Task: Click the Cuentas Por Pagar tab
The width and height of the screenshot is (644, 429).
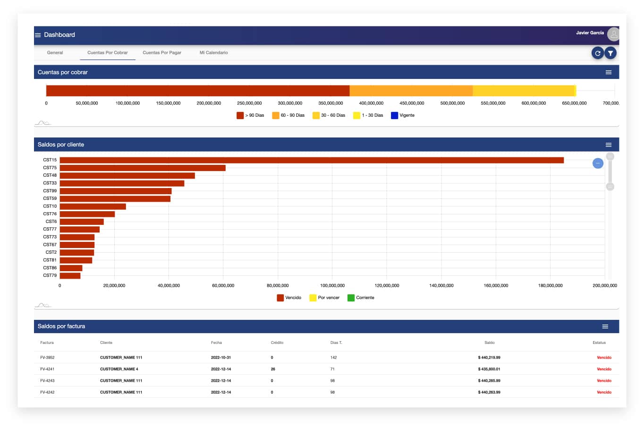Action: click(162, 52)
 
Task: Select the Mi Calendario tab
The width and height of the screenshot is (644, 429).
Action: click(213, 52)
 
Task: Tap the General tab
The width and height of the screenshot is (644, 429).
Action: click(55, 52)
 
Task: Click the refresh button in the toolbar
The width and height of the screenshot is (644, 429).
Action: click(597, 53)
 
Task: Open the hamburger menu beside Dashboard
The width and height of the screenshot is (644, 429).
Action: click(38, 35)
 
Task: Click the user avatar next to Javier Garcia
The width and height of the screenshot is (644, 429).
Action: click(613, 34)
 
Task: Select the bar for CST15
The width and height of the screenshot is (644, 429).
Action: click(312, 160)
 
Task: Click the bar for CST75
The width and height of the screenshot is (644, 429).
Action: click(143, 168)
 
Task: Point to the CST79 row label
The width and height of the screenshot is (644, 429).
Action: click(50, 275)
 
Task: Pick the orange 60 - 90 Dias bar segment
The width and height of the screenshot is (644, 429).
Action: click(411, 91)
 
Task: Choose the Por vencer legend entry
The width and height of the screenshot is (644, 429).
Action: click(324, 298)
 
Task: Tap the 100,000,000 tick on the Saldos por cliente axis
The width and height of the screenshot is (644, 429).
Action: click(332, 285)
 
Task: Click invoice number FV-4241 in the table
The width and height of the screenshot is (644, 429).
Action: click(47, 369)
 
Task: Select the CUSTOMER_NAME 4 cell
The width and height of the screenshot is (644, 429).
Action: click(119, 369)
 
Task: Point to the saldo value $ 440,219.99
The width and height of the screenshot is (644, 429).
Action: click(489, 358)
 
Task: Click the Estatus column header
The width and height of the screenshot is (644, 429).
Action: click(599, 343)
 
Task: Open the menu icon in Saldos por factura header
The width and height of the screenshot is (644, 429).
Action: click(605, 326)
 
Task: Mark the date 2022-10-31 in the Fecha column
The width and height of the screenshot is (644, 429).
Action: click(221, 358)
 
